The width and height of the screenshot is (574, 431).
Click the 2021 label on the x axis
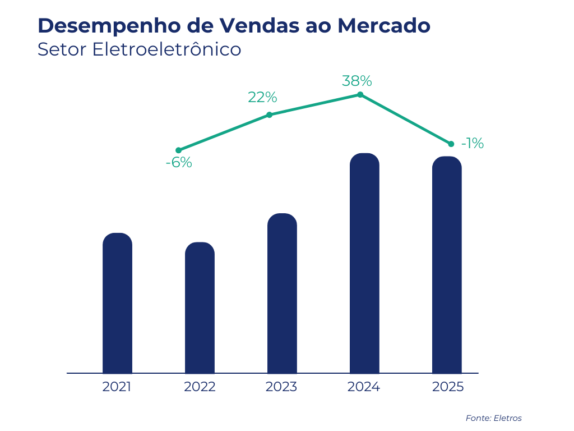coord(117,387)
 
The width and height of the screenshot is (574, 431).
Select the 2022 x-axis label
coord(200,387)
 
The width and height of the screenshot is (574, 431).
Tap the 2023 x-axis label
coord(281,387)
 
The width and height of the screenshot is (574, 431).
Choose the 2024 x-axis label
coord(364,387)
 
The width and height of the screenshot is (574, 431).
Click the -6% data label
coord(179,163)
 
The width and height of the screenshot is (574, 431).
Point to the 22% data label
coord(262,98)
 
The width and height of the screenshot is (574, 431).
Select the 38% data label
coord(357,81)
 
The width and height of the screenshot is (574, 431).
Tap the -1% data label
coord(472,144)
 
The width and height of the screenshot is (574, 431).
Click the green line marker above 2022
coord(179,150)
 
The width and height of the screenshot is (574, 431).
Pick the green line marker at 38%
coord(360,95)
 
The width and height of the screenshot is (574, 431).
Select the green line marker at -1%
coord(451,144)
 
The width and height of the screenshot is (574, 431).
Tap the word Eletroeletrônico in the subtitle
coord(166,49)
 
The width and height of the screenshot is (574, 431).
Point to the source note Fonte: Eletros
coord(493,418)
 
